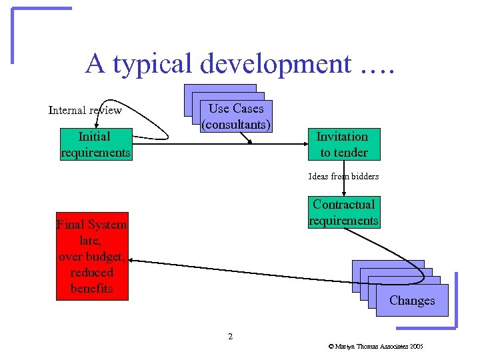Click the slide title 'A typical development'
[x=240, y=63]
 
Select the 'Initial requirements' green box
[x=95, y=145]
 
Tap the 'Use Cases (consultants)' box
[x=236, y=116]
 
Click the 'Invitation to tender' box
[x=343, y=145]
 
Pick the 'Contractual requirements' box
[x=343, y=213]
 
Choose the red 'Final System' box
[x=92, y=257]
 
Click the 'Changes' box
[x=412, y=300]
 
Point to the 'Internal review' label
[x=85, y=110]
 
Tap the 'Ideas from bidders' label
[x=343, y=177]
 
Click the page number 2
[x=230, y=337]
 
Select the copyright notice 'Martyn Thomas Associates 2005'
[x=375, y=347]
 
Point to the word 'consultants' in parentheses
[x=236, y=125]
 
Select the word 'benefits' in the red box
[x=92, y=289]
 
